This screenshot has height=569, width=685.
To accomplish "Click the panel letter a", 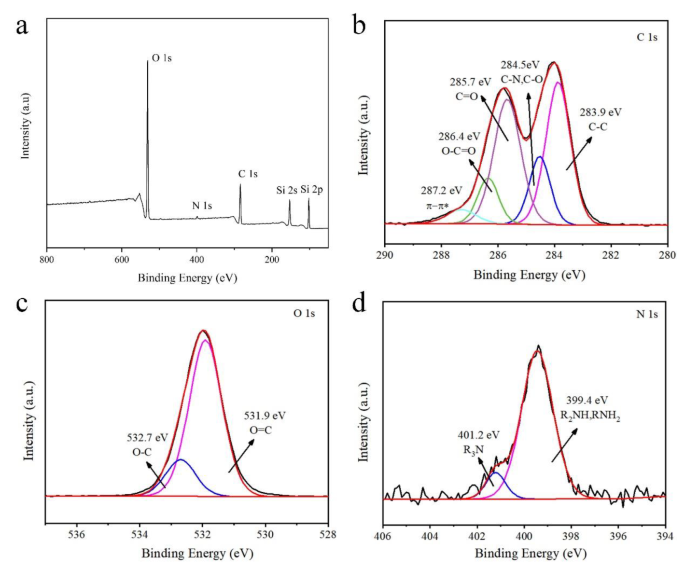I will (x=21, y=27).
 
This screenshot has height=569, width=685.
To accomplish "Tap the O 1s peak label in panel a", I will (x=162, y=58).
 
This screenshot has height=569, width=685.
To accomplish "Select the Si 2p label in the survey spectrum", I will (x=311, y=190).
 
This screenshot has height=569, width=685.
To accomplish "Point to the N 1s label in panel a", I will (x=202, y=206).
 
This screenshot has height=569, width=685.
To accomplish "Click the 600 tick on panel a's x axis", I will (x=122, y=260).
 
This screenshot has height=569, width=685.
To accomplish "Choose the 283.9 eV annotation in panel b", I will (x=601, y=112).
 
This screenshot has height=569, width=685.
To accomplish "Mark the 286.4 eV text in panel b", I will (x=459, y=137).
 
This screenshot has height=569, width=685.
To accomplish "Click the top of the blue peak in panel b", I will (x=540, y=157).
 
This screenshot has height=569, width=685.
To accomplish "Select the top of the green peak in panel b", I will (x=489, y=178).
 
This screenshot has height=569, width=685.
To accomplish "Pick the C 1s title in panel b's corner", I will (x=646, y=37).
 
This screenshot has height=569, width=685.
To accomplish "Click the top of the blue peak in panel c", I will (x=181, y=459).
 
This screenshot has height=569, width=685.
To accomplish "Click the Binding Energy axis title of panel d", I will (x=531, y=553).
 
